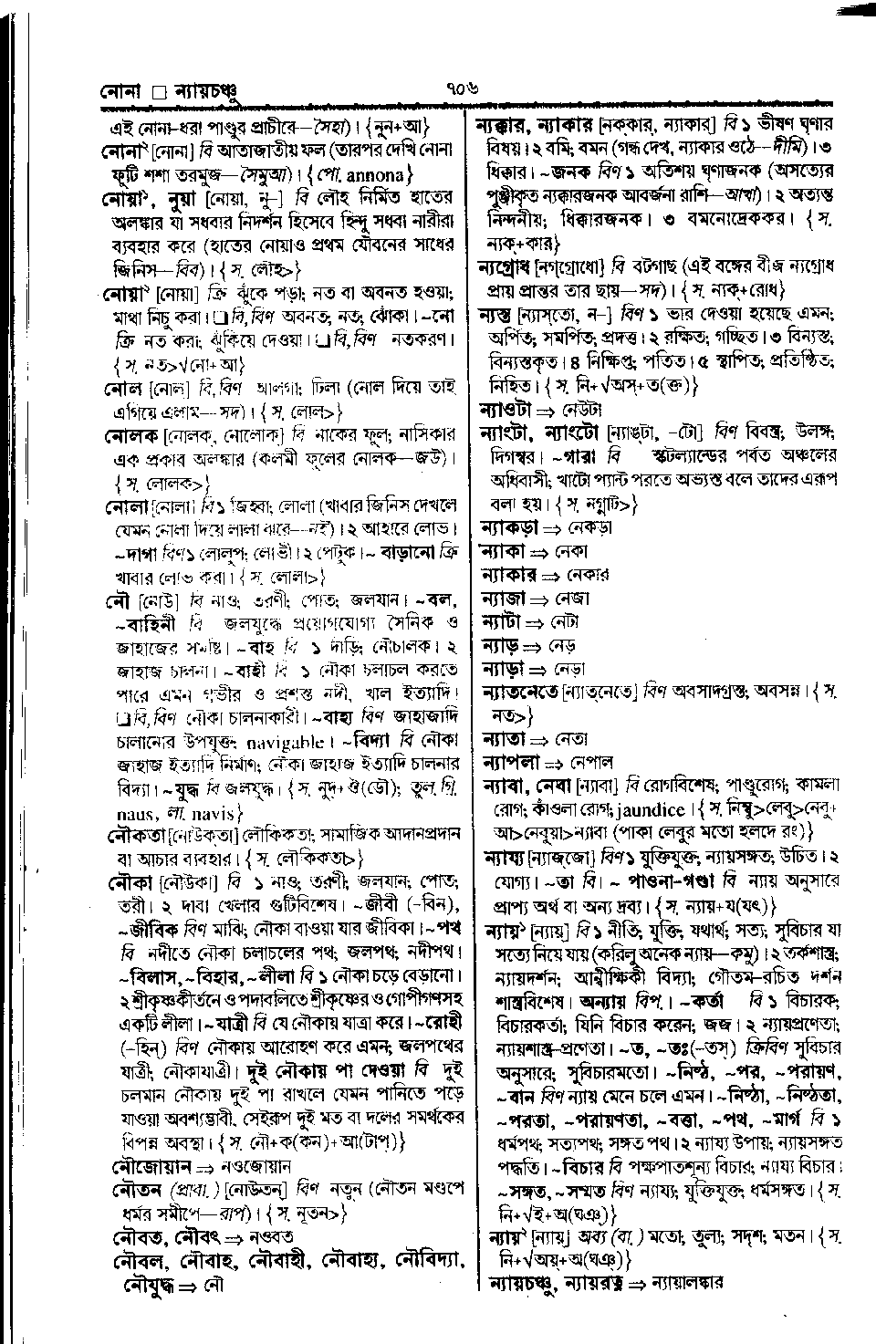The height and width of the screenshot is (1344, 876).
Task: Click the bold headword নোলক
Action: point(132,435)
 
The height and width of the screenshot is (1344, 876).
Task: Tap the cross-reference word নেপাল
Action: point(592,761)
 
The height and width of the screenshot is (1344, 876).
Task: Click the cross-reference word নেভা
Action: point(567,668)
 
